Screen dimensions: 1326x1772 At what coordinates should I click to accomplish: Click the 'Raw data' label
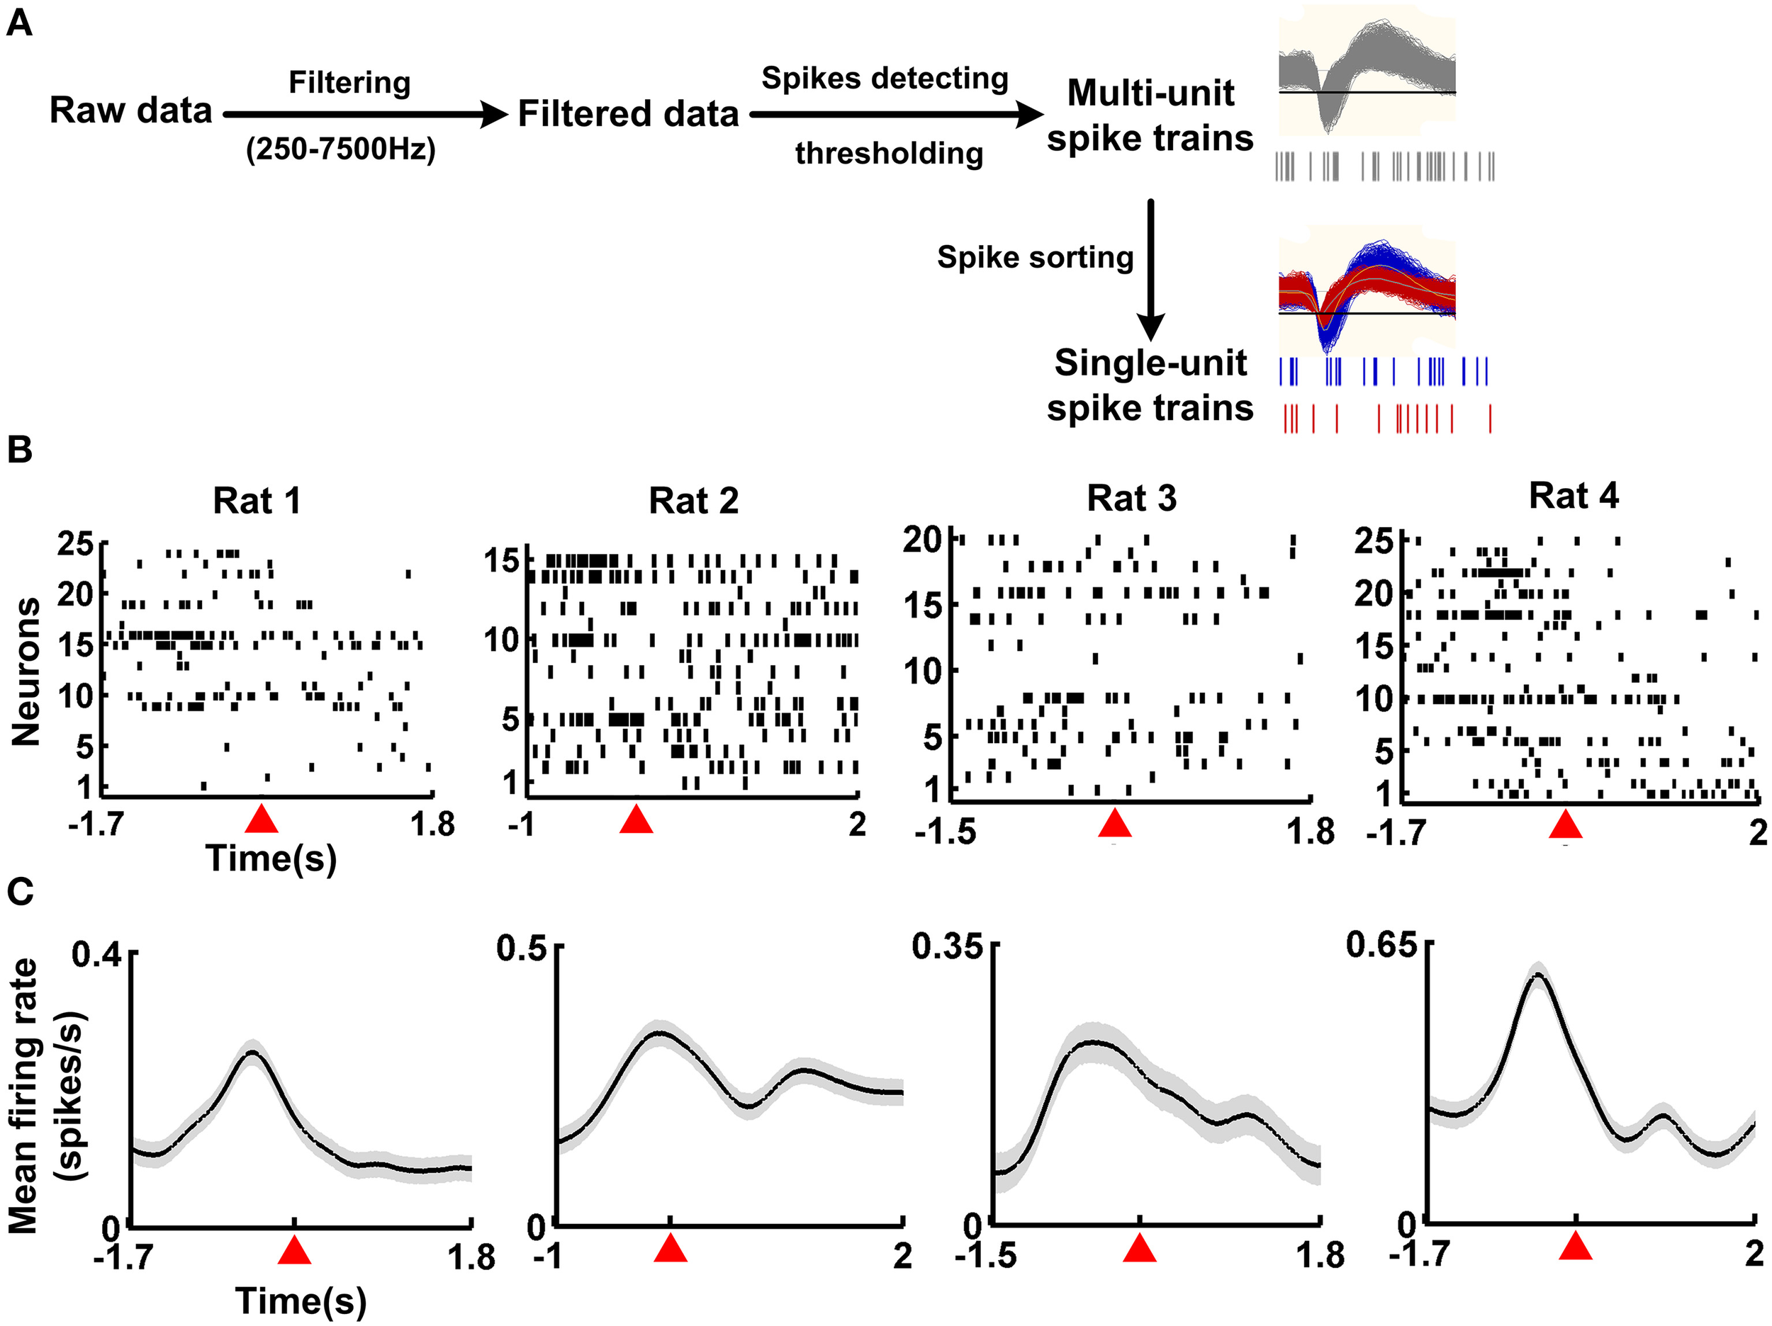[130, 110]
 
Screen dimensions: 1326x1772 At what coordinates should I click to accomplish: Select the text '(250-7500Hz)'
[340, 149]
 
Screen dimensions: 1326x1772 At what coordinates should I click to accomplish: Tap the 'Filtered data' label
[628, 114]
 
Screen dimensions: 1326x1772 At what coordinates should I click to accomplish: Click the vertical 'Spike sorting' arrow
[1151, 268]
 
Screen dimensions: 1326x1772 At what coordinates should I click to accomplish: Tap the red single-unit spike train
[1386, 418]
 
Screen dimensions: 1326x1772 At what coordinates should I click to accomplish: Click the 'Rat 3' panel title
[1131, 499]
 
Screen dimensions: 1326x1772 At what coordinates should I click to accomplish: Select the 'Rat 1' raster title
[257, 501]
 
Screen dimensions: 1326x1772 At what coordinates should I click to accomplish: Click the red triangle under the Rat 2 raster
[636, 819]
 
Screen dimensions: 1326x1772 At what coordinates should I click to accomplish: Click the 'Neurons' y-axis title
[26, 671]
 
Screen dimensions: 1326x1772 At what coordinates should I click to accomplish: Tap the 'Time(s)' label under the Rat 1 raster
[271, 858]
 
